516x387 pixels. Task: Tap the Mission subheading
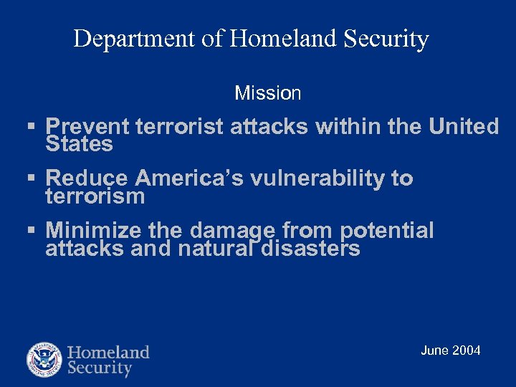point(268,93)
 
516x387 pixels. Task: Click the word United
point(464,127)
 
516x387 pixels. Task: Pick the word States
point(79,144)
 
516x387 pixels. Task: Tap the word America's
point(190,178)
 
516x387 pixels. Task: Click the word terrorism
point(95,196)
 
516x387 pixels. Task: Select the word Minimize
point(94,230)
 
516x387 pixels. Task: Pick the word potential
point(387,231)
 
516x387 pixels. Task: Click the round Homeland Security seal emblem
point(44,360)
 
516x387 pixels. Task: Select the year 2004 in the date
point(467,350)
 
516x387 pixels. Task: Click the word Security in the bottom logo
point(100,369)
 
